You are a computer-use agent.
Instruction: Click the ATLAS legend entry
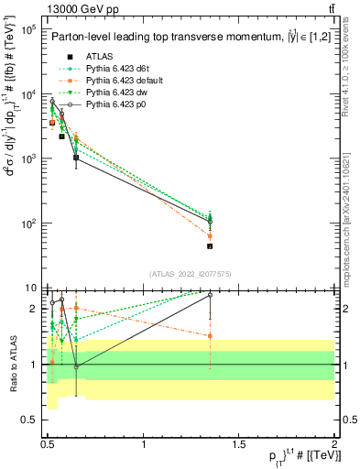coord(99,56)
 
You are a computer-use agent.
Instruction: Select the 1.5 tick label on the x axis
coord(239,442)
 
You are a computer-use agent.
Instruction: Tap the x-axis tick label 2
coord(333,442)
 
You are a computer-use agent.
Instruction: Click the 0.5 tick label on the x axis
coord(48,442)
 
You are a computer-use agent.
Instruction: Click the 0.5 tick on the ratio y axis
coord(31,420)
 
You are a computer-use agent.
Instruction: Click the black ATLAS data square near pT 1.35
coord(210,245)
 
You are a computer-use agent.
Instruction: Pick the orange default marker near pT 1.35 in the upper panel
coord(210,235)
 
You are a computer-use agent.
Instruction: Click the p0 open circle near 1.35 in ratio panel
coord(210,295)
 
